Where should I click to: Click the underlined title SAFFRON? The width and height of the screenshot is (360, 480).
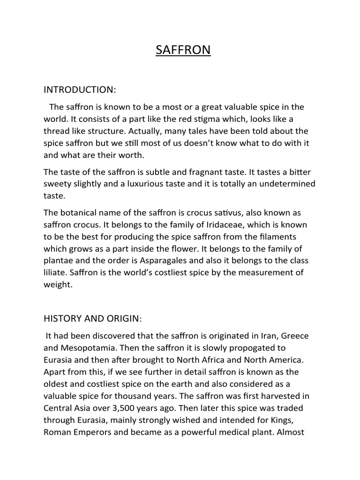[x=183, y=50]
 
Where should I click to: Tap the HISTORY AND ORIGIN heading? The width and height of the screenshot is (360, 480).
[x=92, y=318]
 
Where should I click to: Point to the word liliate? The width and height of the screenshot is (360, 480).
[x=55, y=272]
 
